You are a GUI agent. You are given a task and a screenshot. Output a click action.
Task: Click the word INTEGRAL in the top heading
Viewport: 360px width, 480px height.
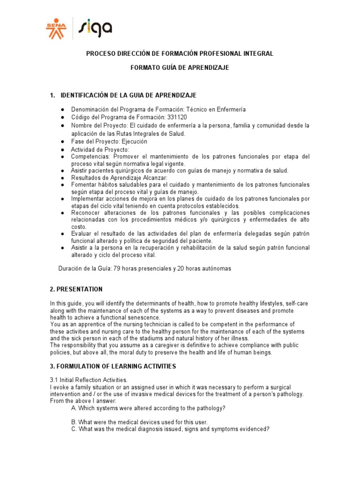[257, 54]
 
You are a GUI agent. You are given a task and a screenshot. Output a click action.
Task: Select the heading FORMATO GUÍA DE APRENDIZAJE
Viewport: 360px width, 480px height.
[180, 68]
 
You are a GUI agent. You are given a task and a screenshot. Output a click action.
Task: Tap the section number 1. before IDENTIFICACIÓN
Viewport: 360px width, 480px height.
[52, 96]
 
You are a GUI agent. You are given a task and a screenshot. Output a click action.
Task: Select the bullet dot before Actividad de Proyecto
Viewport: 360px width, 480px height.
[62, 150]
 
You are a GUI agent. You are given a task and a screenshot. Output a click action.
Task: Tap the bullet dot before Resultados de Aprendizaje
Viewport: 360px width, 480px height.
[62, 178]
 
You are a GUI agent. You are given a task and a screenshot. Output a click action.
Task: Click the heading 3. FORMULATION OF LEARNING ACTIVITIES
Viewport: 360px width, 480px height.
[113, 366]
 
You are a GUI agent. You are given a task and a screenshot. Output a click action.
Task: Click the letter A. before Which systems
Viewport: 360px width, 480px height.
[74, 408]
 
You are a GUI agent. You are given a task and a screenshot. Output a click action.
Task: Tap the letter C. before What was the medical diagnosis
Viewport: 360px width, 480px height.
[74, 429]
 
